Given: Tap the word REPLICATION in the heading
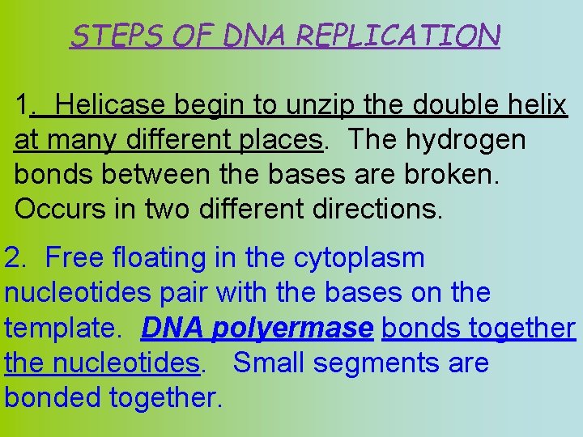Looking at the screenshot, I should [398, 35].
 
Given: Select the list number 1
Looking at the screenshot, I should [23, 105].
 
